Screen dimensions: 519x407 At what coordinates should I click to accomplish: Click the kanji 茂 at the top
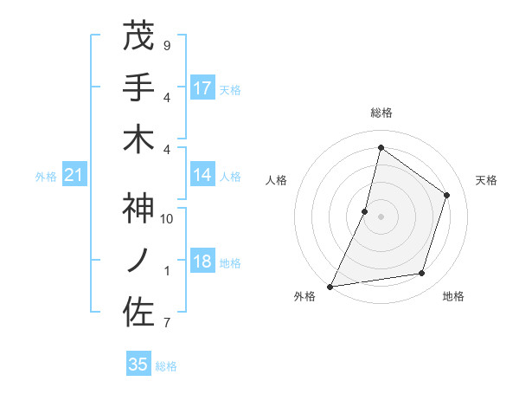click(x=138, y=36)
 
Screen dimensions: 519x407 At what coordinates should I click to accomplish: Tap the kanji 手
click(x=138, y=87)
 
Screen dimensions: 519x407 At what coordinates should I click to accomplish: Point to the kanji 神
click(x=138, y=209)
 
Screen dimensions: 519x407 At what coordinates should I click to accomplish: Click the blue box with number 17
click(x=202, y=88)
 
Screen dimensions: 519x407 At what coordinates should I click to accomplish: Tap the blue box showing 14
click(x=202, y=176)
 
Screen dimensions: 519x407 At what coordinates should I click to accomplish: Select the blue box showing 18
click(x=202, y=262)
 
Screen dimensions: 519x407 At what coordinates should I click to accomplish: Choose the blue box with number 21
click(x=74, y=176)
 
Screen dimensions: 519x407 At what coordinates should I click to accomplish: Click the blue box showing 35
click(x=138, y=365)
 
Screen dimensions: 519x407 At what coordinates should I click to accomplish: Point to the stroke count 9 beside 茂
click(x=166, y=45)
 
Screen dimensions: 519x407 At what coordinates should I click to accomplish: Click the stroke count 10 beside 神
click(x=167, y=218)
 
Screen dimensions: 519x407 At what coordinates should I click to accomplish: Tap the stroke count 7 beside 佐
click(x=166, y=323)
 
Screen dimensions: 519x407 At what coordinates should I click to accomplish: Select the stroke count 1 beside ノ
click(x=166, y=270)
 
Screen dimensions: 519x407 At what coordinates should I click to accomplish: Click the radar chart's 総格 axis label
click(x=381, y=113)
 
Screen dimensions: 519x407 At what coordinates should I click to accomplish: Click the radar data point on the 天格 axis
click(x=446, y=195)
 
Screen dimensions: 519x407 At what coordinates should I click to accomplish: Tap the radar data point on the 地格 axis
click(x=422, y=274)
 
